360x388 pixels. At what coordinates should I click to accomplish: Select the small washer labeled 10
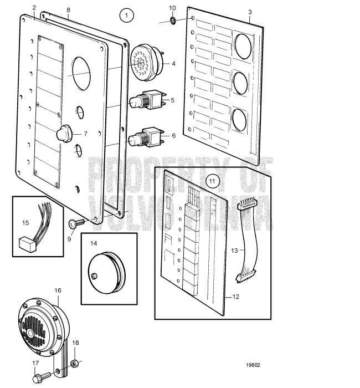pos(172,22)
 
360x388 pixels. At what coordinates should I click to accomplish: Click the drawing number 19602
pos(253,365)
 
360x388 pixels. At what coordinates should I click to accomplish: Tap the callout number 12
pos(235,297)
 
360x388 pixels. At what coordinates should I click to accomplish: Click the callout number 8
pos(68,9)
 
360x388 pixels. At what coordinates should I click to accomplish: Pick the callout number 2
pos(34,8)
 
